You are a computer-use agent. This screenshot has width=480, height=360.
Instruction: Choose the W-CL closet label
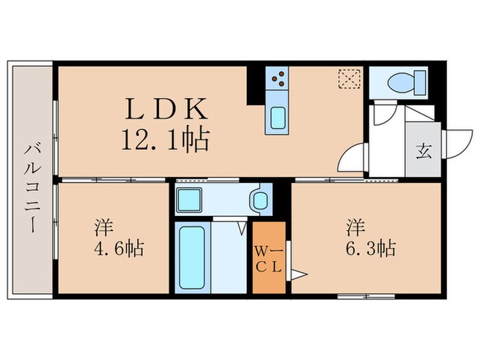[x=268, y=257]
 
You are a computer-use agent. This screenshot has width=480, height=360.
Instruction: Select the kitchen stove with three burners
[x=279, y=82]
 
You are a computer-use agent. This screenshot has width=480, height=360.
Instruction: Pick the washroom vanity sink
[x=259, y=201]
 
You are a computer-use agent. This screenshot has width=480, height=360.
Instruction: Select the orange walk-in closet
[x=268, y=257]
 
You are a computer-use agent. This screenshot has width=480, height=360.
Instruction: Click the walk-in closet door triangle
[x=296, y=275]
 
